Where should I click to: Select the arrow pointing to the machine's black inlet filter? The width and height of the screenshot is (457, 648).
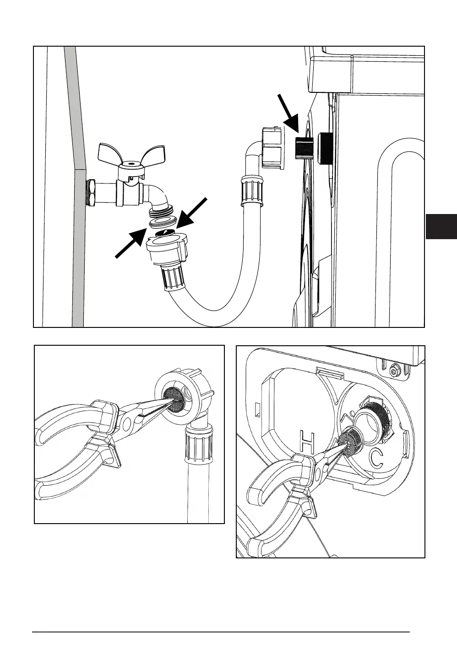(x=288, y=112)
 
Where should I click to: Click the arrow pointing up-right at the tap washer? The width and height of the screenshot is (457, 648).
(x=129, y=244)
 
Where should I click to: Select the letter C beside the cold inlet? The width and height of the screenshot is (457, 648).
(x=376, y=459)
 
